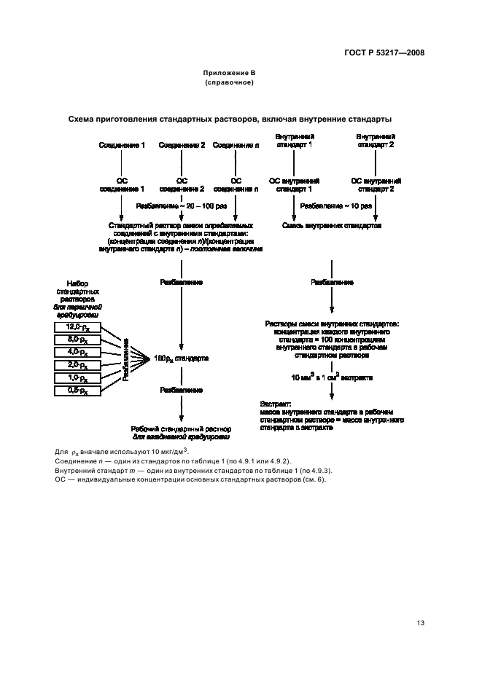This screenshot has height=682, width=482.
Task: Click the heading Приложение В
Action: [229, 74]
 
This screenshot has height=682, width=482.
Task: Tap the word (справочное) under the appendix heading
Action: [229, 82]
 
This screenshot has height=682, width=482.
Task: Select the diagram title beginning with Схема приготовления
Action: [230, 119]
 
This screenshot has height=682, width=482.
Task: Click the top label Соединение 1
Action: [122, 145]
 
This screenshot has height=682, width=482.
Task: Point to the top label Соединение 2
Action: [182, 145]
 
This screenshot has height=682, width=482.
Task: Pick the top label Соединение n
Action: [236, 145]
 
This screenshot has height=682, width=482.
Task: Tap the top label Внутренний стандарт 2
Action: [375, 141]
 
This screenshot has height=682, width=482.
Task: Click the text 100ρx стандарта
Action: [181, 358]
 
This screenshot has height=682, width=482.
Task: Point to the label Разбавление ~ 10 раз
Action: [336, 206]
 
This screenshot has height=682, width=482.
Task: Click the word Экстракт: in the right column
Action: [275, 403]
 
